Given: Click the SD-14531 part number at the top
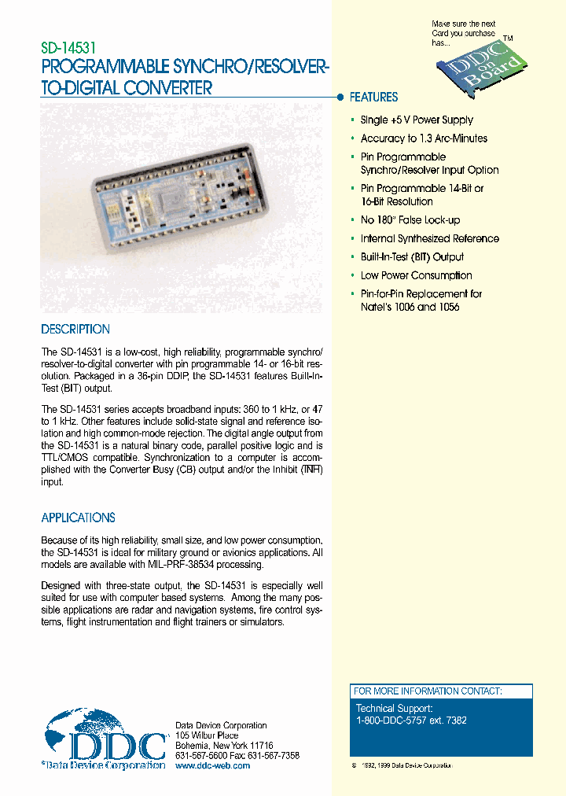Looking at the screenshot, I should (68, 48).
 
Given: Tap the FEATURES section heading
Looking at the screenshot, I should (373, 98).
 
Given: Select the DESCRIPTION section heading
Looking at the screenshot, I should (75, 330).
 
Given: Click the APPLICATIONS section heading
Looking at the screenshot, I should (78, 518).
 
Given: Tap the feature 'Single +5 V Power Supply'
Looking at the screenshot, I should (417, 120).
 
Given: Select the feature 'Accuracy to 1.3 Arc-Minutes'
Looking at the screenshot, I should (424, 138).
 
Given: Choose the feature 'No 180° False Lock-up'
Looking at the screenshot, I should (410, 220).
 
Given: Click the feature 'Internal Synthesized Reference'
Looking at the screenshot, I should (429, 238).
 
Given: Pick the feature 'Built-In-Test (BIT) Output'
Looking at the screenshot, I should (412, 257).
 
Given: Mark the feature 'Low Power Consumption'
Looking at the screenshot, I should (416, 275).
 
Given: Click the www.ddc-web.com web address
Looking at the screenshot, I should (212, 765).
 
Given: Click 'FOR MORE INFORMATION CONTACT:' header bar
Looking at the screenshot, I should (428, 691).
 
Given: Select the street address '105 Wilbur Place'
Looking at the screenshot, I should (206, 735).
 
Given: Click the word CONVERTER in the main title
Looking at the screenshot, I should (167, 88).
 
